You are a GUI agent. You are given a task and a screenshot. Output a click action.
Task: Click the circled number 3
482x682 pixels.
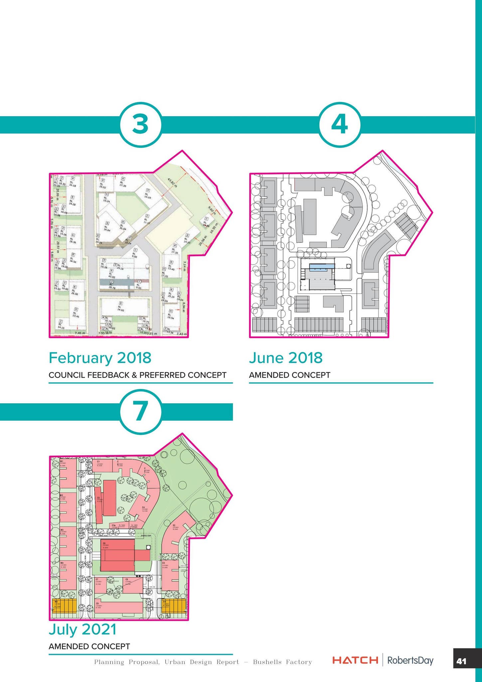coord(140,124)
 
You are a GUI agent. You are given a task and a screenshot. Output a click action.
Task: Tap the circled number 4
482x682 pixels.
coord(340,124)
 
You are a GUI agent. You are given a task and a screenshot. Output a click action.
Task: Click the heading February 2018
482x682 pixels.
coord(100,358)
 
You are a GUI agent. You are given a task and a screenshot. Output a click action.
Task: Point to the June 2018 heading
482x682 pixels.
coord(286,358)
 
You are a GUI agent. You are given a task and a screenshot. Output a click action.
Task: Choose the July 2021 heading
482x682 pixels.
coord(82,629)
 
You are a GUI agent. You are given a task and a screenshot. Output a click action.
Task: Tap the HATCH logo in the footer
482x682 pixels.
coord(355,660)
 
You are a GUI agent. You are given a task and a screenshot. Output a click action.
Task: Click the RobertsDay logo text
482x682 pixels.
coord(410,660)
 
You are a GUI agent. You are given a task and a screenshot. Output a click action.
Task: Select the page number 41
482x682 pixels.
coord(461,661)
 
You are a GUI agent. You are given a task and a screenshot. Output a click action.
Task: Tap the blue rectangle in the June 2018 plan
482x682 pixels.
coord(321,267)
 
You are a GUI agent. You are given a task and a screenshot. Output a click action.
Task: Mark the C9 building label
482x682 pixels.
coord(97,603)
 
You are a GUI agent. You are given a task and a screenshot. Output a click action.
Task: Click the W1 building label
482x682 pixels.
coord(62,462)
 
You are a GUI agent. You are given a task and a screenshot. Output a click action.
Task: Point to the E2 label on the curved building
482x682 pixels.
coord(174,526)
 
